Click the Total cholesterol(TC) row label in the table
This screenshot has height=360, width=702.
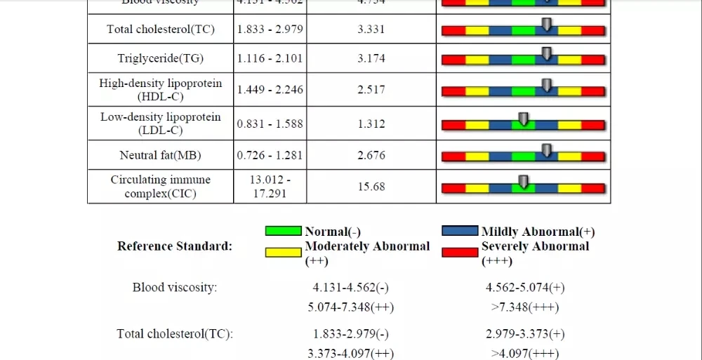161,29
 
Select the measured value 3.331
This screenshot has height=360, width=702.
371,29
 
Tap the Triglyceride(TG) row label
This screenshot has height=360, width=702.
161,59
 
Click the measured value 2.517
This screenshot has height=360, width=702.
371,90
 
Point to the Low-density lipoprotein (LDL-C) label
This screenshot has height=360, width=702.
161,124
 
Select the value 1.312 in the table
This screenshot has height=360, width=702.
371,124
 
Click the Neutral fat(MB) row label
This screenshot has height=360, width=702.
161,155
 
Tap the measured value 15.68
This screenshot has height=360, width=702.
371,187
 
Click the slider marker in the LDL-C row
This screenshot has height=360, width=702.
522,119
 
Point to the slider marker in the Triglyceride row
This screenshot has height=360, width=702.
547,54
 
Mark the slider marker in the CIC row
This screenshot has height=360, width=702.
522,182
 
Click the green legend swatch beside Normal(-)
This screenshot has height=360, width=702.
284,231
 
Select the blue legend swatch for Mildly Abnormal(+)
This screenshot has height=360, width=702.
461,231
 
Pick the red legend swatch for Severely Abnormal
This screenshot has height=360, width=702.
461,251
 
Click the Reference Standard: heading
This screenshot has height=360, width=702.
175,246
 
